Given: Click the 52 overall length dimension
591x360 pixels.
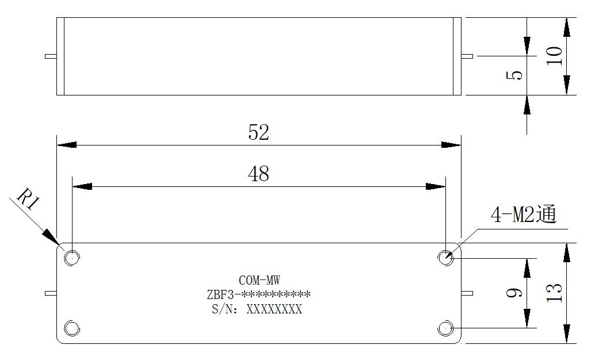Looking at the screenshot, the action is (258, 132).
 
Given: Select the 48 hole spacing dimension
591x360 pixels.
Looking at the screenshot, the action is (258, 174).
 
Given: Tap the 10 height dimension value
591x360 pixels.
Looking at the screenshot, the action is (554, 56).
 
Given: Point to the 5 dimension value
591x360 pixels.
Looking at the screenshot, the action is (514, 75).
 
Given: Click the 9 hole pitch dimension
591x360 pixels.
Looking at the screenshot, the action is (514, 293).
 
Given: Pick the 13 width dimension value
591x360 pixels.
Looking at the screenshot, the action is (554, 293).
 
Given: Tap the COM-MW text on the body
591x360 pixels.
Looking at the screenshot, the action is (260, 280).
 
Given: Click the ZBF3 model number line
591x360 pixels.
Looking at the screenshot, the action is (258, 294).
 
